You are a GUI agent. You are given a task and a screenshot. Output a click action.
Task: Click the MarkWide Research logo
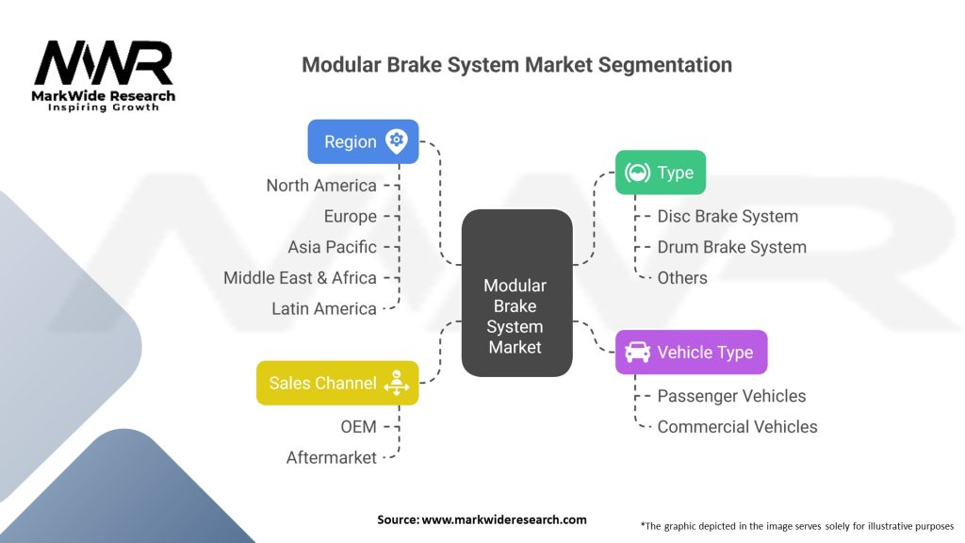(x=104, y=75)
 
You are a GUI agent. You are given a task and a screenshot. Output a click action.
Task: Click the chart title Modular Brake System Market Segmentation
(x=516, y=65)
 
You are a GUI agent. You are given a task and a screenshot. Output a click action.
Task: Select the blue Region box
(x=363, y=141)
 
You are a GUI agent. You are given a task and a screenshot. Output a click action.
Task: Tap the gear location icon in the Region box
(x=397, y=141)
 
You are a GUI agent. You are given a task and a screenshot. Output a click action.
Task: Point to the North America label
(x=321, y=186)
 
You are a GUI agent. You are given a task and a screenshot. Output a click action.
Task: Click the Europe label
(x=350, y=216)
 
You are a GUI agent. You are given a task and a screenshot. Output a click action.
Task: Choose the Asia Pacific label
(x=332, y=247)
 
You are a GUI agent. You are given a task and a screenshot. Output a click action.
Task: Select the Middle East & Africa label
(x=300, y=278)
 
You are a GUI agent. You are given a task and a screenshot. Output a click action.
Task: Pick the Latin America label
(x=324, y=308)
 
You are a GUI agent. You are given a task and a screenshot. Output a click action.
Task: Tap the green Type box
(x=660, y=173)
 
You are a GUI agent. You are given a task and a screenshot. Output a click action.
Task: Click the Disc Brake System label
(x=728, y=216)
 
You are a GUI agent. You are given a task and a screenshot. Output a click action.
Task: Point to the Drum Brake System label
(x=731, y=247)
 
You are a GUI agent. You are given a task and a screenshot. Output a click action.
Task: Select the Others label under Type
(x=682, y=277)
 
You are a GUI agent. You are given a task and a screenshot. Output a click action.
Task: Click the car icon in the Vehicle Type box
(x=637, y=353)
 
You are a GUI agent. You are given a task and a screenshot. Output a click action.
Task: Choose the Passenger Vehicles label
(x=731, y=396)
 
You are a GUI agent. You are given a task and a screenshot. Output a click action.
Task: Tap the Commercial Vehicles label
(x=737, y=426)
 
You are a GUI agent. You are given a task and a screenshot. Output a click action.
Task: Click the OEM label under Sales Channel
(x=358, y=427)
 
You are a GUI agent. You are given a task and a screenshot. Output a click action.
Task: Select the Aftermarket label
(x=332, y=457)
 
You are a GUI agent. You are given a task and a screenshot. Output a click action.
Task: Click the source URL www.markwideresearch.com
(x=504, y=519)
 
